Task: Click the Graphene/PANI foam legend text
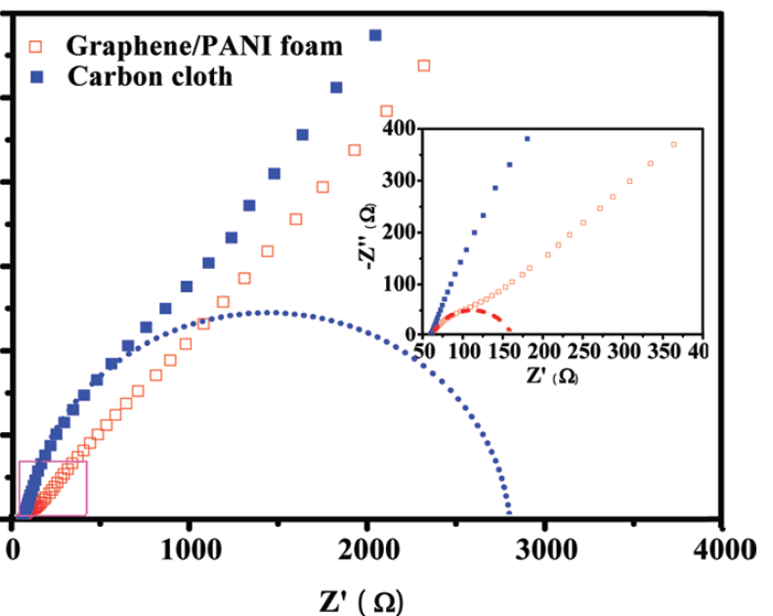204,45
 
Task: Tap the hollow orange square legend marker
37,45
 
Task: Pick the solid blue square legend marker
37,75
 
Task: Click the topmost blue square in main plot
373,35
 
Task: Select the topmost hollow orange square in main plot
424,66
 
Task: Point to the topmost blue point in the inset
528,138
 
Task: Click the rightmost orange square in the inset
673,145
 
